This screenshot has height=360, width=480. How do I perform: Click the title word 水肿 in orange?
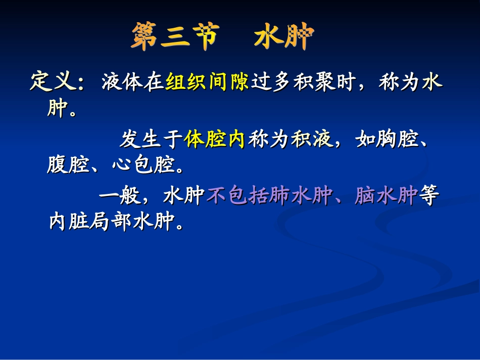[284, 37]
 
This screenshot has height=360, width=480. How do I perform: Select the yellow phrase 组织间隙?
[207, 82]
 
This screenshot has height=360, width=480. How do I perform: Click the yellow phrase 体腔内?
[215, 139]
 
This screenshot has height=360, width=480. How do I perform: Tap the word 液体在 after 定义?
[133, 82]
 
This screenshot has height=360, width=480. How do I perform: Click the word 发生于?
[151, 139]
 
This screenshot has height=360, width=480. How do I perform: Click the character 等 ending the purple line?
[427, 196]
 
